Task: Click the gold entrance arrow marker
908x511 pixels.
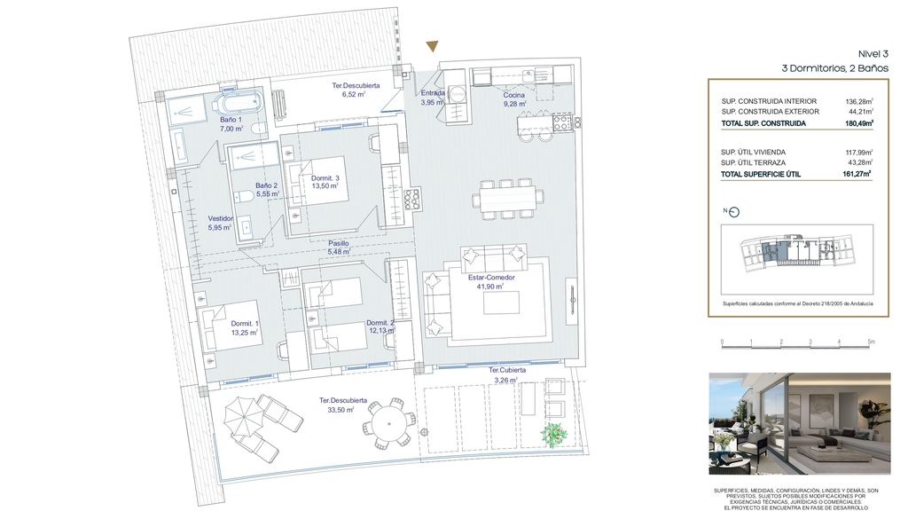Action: [x=432, y=46]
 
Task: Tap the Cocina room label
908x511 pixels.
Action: [x=513, y=95]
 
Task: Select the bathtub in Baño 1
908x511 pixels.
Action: [x=238, y=105]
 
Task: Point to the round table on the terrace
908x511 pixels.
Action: [x=389, y=424]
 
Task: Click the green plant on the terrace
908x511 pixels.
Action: [x=553, y=435]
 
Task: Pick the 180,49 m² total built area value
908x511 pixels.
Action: [x=859, y=122]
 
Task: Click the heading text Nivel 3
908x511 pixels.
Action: [x=873, y=54]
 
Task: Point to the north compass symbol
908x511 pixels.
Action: [x=734, y=212]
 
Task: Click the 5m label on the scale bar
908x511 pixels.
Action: [x=872, y=342]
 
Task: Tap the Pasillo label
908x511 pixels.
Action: [x=339, y=244]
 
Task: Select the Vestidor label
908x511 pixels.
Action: [x=221, y=218]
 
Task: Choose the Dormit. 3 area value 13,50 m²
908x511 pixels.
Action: [x=325, y=186]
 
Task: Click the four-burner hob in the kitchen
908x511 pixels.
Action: [x=562, y=122]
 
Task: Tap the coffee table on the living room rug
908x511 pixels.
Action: [x=501, y=303]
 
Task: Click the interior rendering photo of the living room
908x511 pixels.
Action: [x=800, y=423]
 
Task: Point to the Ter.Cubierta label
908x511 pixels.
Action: [x=507, y=370]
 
